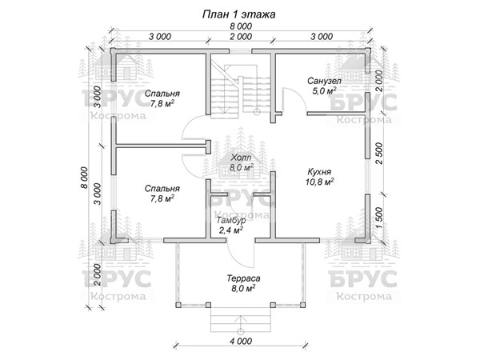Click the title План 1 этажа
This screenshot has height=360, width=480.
click(x=239, y=14)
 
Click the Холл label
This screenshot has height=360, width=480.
click(x=240, y=158)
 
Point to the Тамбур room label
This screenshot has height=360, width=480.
click(x=231, y=220)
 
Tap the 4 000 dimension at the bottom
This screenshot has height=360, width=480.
click(x=240, y=342)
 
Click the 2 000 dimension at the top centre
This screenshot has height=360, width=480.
click(x=239, y=37)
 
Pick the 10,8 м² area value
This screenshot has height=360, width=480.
click(x=319, y=182)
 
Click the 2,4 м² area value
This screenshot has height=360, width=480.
click(x=231, y=230)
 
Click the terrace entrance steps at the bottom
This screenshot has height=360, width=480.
click(x=239, y=322)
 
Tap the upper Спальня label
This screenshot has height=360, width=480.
click(x=162, y=93)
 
